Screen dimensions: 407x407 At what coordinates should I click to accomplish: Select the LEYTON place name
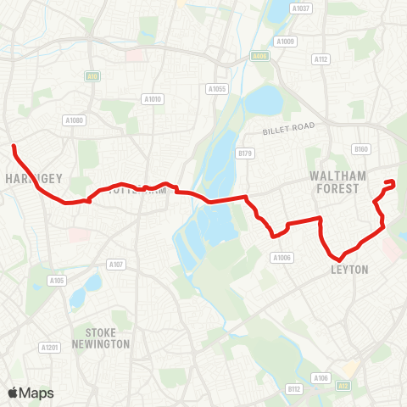click(x=349, y=270)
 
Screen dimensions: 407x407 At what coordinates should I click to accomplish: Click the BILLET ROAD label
click(x=288, y=126)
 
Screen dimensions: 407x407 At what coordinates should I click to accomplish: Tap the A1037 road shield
click(x=301, y=8)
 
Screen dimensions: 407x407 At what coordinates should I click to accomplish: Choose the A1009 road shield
click(x=285, y=41)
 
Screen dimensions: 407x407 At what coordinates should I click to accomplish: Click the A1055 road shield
click(x=217, y=88)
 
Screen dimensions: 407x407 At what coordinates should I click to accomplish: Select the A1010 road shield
click(x=153, y=99)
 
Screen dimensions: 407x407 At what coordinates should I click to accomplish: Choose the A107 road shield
click(x=116, y=265)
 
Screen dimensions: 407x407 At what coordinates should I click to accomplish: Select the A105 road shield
click(x=57, y=280)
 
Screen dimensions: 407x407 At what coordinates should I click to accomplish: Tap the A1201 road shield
click(x=50, y=347)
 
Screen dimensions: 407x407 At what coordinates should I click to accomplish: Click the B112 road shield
click(x=294, y=388)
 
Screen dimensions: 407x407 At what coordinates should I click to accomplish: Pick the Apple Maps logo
click(x=31, y=393)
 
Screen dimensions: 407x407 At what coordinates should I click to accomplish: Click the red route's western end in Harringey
click(x=14, y=148)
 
